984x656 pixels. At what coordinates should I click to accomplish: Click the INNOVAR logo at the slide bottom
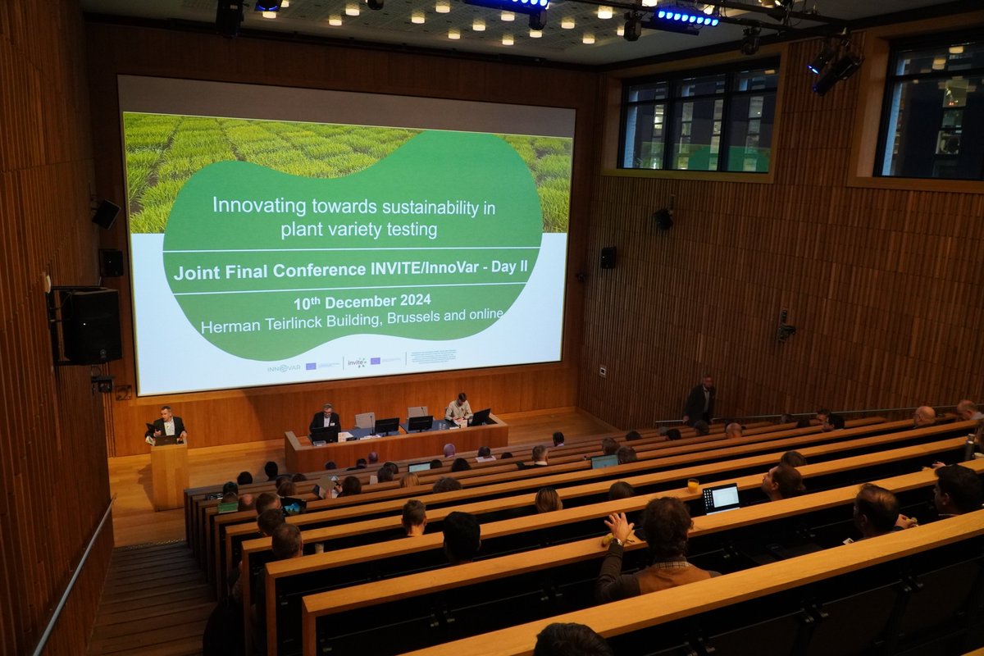click(283, 368)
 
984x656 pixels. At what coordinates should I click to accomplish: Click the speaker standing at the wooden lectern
click(167, 424)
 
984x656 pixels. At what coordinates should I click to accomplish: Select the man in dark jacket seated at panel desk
click(325, 421)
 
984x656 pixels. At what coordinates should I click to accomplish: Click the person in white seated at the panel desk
click(458, 408)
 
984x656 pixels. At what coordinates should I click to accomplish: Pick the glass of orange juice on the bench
click(693, 485)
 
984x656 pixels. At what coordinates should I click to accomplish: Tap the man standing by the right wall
click(699, 402)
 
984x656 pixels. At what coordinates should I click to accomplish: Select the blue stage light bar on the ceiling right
click(686, 16)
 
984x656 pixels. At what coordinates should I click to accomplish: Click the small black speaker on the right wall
click(608, 257)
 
